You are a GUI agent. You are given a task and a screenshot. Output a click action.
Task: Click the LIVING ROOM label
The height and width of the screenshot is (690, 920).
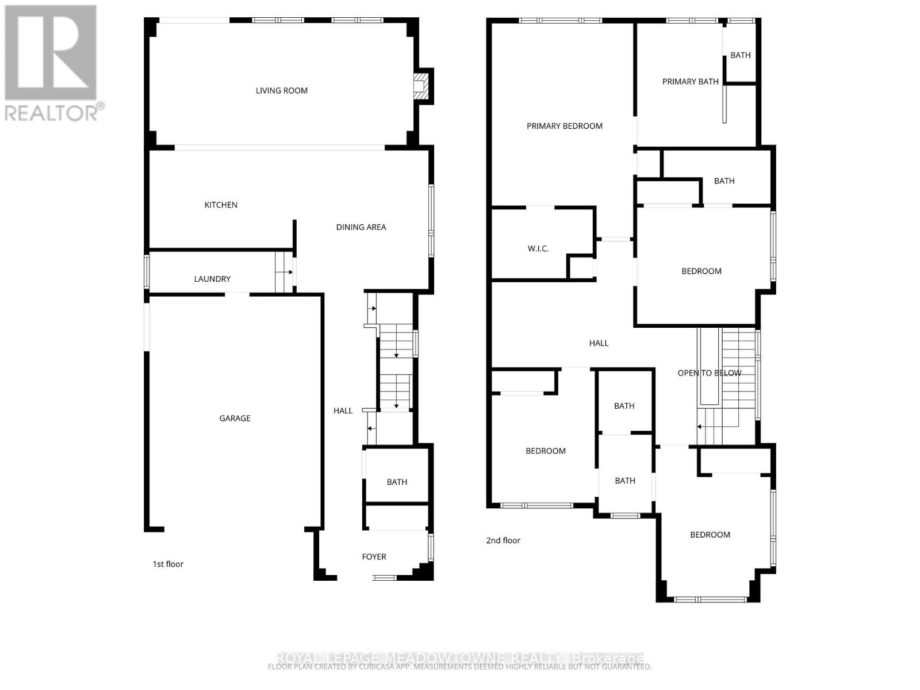(x=281, y=90)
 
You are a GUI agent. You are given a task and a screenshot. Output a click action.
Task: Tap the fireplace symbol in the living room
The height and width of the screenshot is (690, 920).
(x=422, y=86)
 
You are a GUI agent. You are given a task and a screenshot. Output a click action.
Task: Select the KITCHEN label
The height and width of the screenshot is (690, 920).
(x=221, y=205)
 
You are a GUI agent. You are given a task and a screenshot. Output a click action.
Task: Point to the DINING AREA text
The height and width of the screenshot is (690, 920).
(x=361, y=227)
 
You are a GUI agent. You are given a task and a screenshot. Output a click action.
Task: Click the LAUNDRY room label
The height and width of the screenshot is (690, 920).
(x=212, y=279)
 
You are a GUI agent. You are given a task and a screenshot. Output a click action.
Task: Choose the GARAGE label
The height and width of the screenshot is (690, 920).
(x=235, y=418)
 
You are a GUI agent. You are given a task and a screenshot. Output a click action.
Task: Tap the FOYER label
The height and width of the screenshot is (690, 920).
(x=374, y=557)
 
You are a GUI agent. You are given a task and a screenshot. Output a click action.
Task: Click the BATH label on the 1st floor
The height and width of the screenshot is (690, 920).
(x=397, y=482)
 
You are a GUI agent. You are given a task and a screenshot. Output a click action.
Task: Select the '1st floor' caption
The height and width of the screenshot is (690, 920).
(x=168, y=564)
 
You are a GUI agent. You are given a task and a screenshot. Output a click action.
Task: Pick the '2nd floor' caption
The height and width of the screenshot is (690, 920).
(x=503, y=540)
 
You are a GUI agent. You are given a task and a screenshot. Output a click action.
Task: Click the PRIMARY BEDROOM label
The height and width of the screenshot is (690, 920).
(x=565, y=126)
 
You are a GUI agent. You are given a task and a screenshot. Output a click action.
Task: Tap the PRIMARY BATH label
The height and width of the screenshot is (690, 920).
(x=690, y=82)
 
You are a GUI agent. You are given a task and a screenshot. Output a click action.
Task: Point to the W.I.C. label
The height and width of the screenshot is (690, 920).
(x=538, y=248)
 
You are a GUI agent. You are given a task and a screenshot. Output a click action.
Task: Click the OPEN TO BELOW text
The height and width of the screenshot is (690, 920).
(x=709, y=373)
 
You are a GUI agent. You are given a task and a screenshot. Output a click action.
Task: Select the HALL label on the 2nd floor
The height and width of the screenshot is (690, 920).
(x=599, y=343)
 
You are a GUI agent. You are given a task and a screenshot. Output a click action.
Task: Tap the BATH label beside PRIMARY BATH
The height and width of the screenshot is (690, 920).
(x=740, y=55)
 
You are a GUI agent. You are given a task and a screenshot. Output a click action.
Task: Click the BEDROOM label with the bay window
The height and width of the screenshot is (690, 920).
(x=710, y=535)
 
